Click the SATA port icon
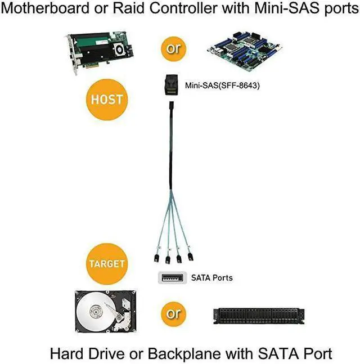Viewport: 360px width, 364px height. pyautogui.click(x=172, y=277)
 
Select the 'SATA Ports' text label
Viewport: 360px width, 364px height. pyautogui.click(x=211, y=277)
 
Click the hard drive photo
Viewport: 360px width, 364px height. pyautogui.click(x=107, y=313)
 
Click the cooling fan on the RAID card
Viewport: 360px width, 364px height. pyautogui.click(x=119, y=50)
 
